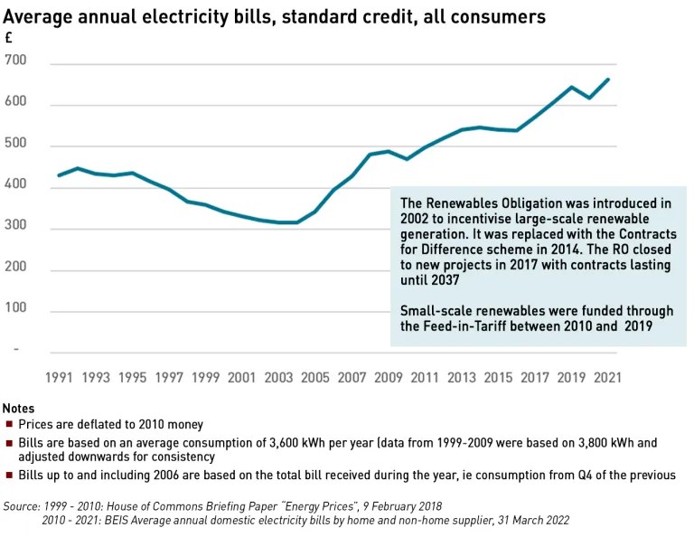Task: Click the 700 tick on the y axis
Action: click(x=15, y=61)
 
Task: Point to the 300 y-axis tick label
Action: click(x=15, y=230)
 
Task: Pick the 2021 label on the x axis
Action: click(x=606, y=376)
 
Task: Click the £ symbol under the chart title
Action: click(x=8, y=39)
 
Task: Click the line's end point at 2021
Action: click(x=607, y=80)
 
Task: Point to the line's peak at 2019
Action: click(x=571, y=88)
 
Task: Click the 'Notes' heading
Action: click(x=19, y=409)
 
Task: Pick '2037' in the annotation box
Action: click(x=418, y=280)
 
